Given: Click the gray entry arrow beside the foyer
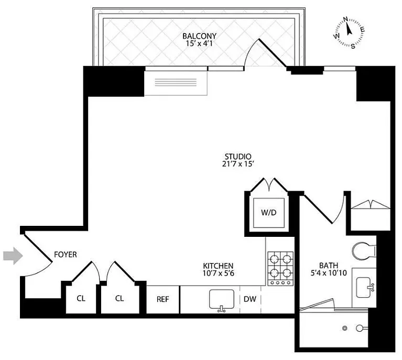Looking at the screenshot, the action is tap(13, 256).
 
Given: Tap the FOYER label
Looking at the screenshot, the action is tap(66, 255).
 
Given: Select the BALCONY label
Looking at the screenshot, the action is tap(200, 36).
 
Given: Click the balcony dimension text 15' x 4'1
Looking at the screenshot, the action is tap(200, 43).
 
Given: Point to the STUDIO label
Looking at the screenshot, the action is tap(238, 156).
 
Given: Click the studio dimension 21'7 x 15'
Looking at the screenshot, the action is tap(238, 164).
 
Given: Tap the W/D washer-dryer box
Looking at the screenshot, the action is tap(269, 213).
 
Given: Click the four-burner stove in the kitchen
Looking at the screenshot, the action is tap(281, 268).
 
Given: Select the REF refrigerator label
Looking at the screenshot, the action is tap(163, 299).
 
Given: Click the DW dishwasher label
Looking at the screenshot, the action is tap(249, 299).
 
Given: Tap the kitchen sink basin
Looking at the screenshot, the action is tap(222, 299).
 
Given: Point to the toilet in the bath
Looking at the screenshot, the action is tap(364, 250).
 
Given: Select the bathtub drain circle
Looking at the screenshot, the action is tap(345, 328).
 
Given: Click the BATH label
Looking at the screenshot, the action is tap(329, 265).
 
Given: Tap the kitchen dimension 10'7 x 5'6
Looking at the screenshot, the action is tap(218, 274).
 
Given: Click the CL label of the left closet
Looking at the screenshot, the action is tap(81, 299).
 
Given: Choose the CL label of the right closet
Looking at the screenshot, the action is tap(119, 299).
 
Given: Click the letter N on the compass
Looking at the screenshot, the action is tap(345, 19).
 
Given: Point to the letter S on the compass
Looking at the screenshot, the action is tap(353, 47).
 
